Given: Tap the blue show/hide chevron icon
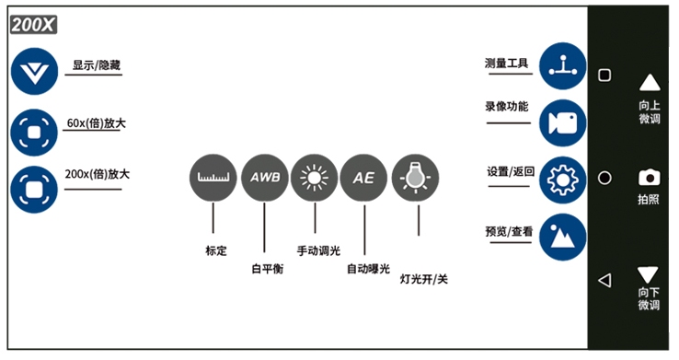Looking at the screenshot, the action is click(x=34, y=74).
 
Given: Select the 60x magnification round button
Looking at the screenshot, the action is click(x=34, y=133).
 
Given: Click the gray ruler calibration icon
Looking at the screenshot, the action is click(x=213, y=178).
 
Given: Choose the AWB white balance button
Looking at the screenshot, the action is click(x=264, y=178).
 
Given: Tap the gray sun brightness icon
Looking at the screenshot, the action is click(x=315, y=178).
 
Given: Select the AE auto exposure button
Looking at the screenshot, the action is click(x=364, y=178).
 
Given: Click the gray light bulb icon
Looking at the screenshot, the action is click(x=415, y=178).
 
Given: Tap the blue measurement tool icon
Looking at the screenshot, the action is click(x=562, y=66).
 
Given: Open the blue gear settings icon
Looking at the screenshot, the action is click(x=562, y=180).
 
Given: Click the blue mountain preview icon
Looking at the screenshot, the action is click(x=562, y=238).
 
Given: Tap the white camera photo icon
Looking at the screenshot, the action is click(x=649, y=178).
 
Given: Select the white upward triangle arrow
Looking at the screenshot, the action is click(x=649, y=83).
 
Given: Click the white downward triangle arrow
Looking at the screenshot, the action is click(x=649, y=273).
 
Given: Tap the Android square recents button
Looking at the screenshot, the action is click(x=604, y=75).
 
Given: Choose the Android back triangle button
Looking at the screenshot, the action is click(x=604, y=280).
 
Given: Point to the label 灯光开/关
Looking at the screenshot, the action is click(x=424, y=277).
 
